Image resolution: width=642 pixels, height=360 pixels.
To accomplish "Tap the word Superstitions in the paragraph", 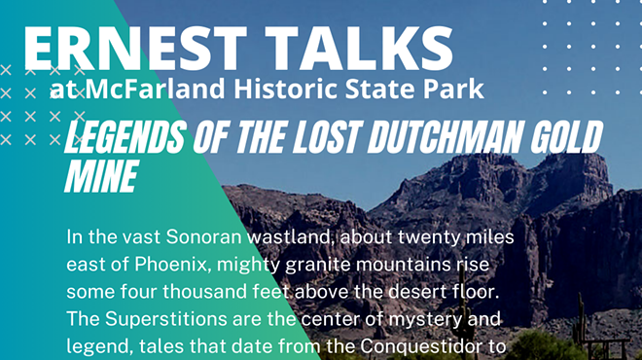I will [171, 318].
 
